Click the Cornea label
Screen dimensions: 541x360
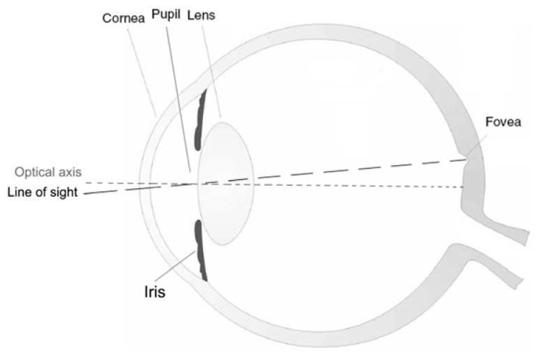pos(123,18)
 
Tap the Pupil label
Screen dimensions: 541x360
pos(166,15)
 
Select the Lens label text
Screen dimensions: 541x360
pos(201,15)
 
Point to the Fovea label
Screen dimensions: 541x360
pos(503,121)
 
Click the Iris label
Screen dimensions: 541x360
pos(154,292)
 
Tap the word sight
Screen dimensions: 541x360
pos(64,193)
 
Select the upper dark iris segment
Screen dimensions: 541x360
pos(200,121)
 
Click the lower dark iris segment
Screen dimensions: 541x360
pos(200,249)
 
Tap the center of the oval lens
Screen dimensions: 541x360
pos(225,183)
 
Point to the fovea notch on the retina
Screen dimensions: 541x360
pos(467,159)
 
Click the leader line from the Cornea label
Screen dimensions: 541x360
pos(142,73)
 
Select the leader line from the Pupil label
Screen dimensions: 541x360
pos(178,99)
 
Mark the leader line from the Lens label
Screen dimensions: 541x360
pos(212,72)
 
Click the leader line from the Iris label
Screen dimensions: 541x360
pos(175,267)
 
